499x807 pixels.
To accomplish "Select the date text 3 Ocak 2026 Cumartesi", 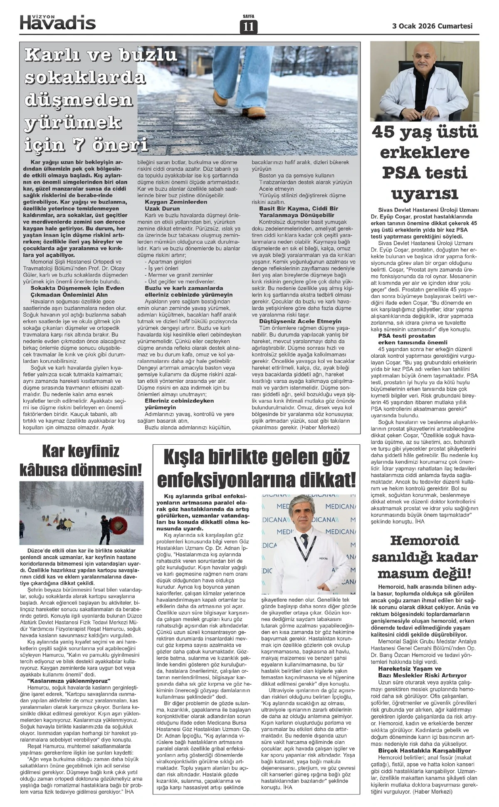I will (x=432, y=26).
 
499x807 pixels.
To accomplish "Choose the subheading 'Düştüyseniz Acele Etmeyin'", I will (x=300, y=321).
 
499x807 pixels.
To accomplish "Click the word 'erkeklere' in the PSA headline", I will (x=425, y=153).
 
